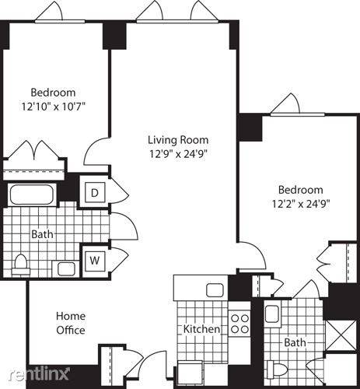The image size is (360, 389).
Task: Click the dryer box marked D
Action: (95, 192)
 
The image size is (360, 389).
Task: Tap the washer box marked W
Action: (95, 260)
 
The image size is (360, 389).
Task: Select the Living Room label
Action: (178, 140)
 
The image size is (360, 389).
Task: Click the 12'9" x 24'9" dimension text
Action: (178, 154)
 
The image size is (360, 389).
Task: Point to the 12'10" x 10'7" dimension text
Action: (53, 107)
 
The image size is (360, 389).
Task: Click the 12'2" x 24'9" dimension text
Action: (301, 204)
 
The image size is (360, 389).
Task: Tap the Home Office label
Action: (71, 323)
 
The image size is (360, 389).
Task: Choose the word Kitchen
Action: (201, 329)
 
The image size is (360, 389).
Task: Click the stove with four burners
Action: (239, 324)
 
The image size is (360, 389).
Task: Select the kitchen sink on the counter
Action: (215, 290)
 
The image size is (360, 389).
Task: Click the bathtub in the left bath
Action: (32, 194)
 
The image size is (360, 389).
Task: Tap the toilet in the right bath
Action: (278, 369)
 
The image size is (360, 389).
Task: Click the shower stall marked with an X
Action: (341, 335)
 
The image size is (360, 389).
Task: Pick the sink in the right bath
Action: (271, 314)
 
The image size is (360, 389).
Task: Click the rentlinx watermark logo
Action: (39, 374)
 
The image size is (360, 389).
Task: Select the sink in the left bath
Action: (66, 269)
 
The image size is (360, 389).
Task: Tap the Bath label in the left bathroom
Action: (42, 234)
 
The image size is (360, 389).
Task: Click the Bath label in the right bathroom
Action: (295, 342)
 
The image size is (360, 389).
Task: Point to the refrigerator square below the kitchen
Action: (190, 373)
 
